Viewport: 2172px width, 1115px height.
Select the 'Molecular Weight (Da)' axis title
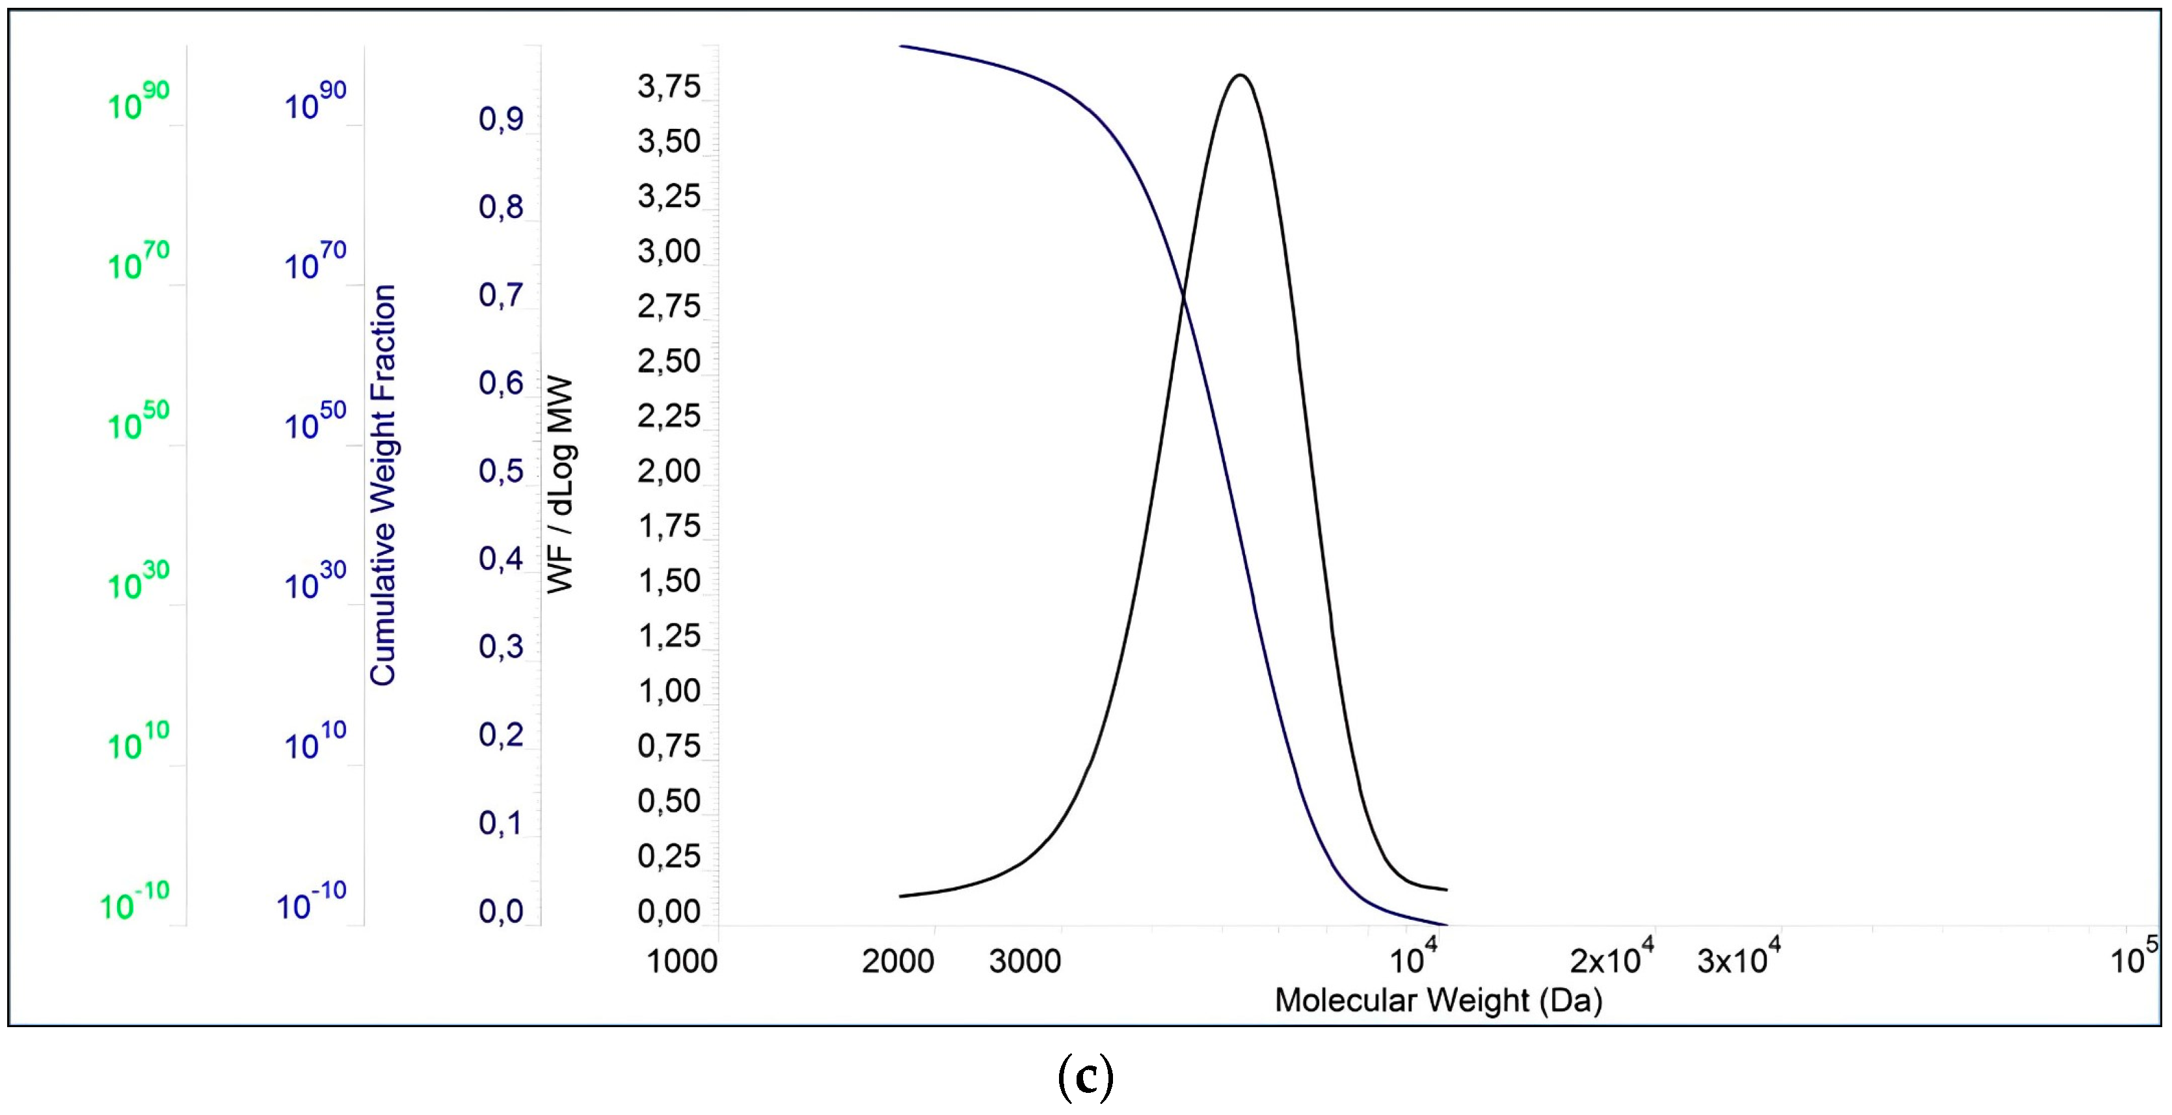coord(1438,1000)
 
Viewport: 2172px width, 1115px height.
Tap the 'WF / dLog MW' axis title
coord(561,485)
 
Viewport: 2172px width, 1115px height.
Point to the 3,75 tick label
coord(669,87)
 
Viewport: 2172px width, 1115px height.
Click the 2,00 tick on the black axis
coord(669,471)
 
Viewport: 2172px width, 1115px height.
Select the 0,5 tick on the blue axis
coord(501,471)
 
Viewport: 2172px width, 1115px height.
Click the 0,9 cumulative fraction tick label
coord(501,120)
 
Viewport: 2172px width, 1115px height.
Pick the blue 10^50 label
coord(314,422)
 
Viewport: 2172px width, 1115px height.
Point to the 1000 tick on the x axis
coord(681,961)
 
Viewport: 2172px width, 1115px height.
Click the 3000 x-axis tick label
coord(1025,961)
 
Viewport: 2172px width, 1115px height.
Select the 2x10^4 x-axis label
coord(1611,958)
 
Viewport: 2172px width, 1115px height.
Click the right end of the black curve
coord(1446,889)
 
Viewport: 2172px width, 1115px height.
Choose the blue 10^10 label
coord(314,742)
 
